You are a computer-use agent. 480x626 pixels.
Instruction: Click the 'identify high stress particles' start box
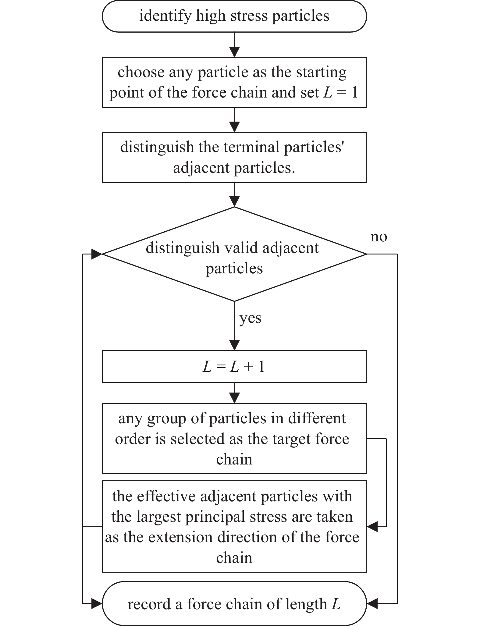point(234,16)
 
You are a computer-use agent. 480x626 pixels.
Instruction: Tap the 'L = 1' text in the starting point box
point(340,92)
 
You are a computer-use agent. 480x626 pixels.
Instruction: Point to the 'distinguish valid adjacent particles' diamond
point(234,254)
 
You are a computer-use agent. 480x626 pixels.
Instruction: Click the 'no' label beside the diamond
point(379,237)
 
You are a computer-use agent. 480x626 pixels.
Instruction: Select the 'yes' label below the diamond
point(250,318)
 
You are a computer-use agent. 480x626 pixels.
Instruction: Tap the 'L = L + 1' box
point(234,366)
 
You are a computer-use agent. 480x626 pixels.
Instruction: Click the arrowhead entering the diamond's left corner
point(97,254)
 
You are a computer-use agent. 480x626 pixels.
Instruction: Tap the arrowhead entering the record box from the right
point(372,603)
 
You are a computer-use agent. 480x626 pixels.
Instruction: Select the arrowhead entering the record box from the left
point(97,603)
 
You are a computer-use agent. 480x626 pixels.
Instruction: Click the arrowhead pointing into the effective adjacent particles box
point(372,526)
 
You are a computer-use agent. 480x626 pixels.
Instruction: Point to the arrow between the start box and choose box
point(234,44)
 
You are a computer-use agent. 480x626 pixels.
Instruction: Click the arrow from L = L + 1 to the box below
point(234,393)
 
